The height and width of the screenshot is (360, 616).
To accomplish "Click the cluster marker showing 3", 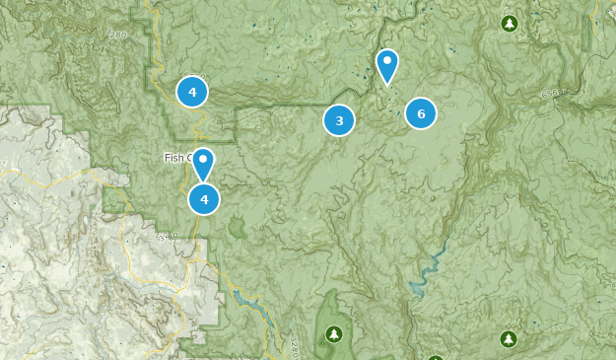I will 339,120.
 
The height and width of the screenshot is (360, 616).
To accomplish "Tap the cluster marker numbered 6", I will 421,113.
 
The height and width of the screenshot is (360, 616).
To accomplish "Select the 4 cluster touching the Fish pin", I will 204,199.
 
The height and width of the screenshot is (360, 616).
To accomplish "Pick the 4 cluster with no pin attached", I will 192,92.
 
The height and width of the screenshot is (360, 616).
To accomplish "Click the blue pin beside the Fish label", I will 203,163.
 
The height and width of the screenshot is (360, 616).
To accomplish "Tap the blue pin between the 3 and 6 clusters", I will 387,65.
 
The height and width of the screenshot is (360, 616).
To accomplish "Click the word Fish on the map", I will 176,158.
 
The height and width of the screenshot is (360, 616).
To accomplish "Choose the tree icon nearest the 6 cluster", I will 509,23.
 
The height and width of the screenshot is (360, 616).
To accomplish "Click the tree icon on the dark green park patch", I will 333,332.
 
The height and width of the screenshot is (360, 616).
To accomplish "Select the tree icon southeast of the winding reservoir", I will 509,339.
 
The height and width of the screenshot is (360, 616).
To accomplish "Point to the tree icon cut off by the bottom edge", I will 436,357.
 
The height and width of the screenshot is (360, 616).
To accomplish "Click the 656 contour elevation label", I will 551,94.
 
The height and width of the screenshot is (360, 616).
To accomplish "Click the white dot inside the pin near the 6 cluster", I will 387,61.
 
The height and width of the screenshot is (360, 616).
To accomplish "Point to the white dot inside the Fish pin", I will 203,158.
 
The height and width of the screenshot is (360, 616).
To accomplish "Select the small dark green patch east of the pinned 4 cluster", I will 237,228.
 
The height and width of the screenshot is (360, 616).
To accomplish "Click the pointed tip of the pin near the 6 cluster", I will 387,84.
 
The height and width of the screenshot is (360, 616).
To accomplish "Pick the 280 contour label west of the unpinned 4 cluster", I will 117,35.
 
